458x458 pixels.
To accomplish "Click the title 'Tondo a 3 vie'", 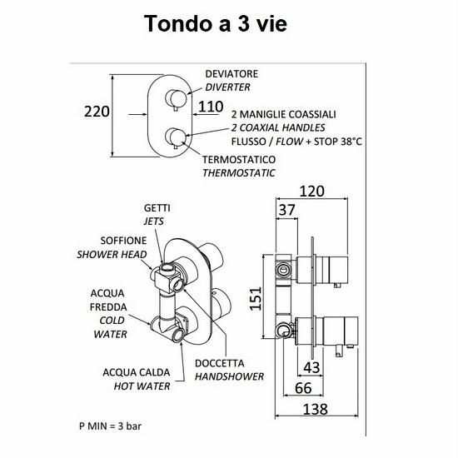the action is pyautogui.click(x=216, y=23).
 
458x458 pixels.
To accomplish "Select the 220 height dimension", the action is pyautogui.click(x=97, y=112).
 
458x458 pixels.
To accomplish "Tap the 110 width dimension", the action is pyautogui.click(x=211, y=107).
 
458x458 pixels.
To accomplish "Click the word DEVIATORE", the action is pyautogui.click(x=231, y=74).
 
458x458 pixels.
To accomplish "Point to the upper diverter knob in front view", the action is pyautogui.click(x=175, y=98).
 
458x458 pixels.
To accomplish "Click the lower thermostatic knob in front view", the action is pyautogui.click(x=175, y=137).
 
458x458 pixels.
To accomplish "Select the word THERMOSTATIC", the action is pyautogui.click(x=239, y=173).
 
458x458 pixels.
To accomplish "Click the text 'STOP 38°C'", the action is pyautogui.click(x=337, y=142).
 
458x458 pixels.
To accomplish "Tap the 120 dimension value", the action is pyautogui.click(x=312, y=192).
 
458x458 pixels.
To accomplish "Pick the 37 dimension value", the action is pyautogui.click(x=286, y=210).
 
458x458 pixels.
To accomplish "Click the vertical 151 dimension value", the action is pyautogui.click(x=256, y=298).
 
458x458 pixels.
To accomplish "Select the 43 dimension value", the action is pyautogui.click(x=311, y=367).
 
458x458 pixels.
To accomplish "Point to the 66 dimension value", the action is pyautogui.click(x=303, y=388).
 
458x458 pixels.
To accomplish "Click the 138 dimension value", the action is pyautogui.click(x=316, y=409).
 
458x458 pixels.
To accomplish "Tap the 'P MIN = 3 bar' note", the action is pyautogui.click(x=110, y=426).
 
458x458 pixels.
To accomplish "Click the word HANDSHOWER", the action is pyautogui.click(x=229, y=376).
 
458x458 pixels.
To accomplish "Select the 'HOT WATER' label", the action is pyautogui.click(x=142, y=386).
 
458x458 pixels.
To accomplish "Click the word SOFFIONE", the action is pyautogui.click(x=123, y=241).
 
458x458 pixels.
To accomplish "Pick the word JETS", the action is pyautogui.click(x=154, y=222).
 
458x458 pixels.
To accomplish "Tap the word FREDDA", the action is pyautogui.click(x=108, y=307).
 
